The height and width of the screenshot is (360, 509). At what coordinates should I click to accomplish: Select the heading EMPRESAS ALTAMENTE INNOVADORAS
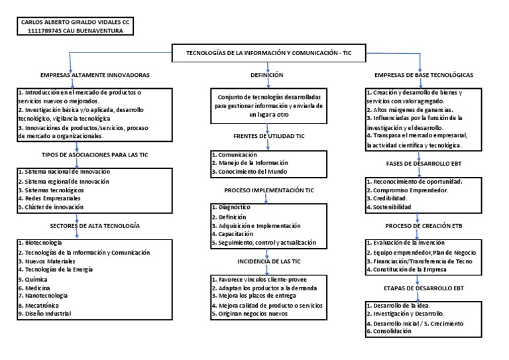click(x=95, y=76)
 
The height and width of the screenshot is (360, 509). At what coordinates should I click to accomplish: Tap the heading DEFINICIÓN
click(x=267, y=76)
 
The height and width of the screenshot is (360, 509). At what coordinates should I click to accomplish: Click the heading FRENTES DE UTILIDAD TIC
click(x=267, y=136)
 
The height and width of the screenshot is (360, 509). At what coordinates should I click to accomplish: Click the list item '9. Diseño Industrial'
click(x=44, y=314)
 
